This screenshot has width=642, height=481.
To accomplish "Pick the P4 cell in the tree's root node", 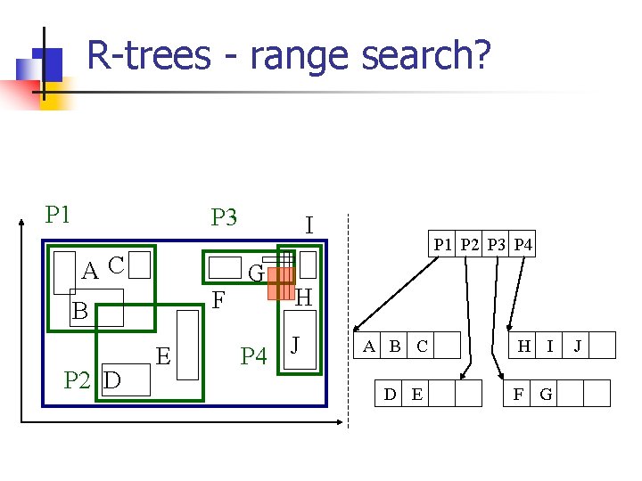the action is click(x=523, y=244).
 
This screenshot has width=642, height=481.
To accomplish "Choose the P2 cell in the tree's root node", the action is click(x=471, y=244).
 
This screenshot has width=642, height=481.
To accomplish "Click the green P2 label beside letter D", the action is click(x=77, y=380).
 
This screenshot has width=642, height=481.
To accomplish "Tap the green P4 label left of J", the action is click(x=253, y=356).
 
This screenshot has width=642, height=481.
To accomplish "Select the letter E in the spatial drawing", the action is click(x=163, y=356).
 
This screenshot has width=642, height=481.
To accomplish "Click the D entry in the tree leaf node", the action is click(x=390, y=393).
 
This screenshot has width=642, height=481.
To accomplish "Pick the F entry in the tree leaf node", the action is click(x=518, y=393).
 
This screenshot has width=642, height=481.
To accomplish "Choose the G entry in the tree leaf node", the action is click(x=546, y=393).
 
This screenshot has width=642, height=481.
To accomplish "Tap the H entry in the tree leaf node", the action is click(x=523, y=346).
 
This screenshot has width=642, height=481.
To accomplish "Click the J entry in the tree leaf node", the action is click(x=577, y=346).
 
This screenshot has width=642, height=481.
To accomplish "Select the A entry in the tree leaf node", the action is click(x=368, y=346).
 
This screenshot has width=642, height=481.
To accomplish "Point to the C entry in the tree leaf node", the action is click(x=422, y=346).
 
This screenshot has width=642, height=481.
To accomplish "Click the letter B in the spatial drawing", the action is click(x=79, y=311).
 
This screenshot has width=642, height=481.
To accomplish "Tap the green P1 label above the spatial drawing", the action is click(x=58, y=215).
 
